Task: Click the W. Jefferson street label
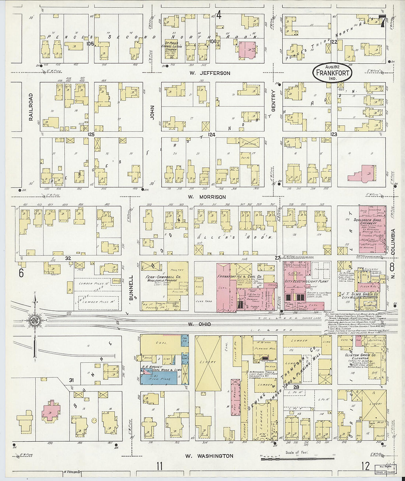pos(210,73)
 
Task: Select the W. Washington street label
pos(209,456)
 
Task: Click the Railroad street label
pos(31,107)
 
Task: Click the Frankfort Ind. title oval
pos(332,73)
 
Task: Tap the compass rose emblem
pos(35,319)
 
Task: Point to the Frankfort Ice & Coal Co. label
pos(239,276)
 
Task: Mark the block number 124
pos(211,135)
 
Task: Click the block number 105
pos(90,43)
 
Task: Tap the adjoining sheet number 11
pos(159,466)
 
